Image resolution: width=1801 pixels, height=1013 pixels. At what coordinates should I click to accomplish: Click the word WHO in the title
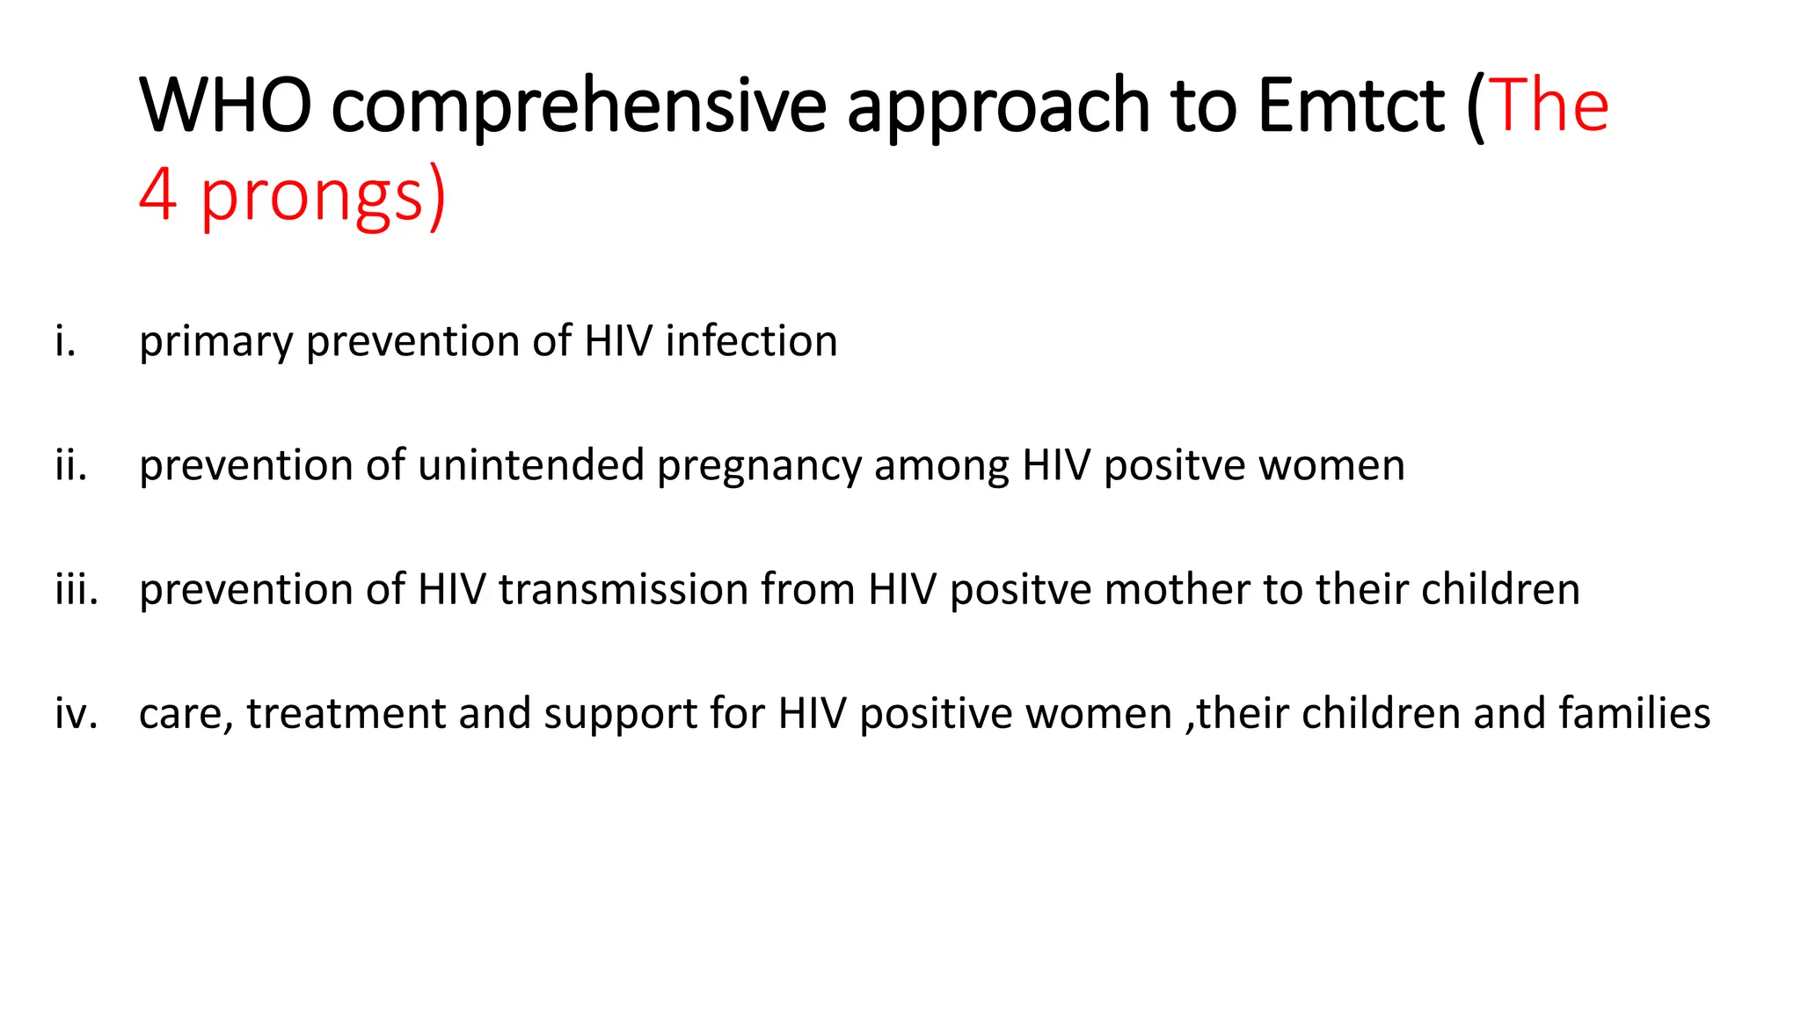pos(225,106)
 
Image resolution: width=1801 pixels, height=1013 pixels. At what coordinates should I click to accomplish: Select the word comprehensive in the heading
pos(579,107)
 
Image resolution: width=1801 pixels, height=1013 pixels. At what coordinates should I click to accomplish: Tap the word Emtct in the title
pos(1351,106)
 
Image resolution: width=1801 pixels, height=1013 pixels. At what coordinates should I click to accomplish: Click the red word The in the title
pos(1549,106)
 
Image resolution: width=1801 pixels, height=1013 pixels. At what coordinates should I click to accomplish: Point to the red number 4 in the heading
pos(158,194)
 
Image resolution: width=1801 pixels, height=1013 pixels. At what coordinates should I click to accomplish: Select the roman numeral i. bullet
pos(65,341)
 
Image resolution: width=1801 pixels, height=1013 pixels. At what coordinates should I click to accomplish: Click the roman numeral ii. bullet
pos(71,465)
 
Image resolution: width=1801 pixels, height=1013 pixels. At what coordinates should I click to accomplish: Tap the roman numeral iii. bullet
pos(77,589)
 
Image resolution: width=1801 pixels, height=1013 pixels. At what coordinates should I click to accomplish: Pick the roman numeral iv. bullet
pos(76,713)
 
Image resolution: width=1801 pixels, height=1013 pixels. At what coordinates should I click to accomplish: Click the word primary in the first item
pos(215,343)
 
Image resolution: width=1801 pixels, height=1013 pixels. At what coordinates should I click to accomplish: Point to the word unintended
pos(531,465)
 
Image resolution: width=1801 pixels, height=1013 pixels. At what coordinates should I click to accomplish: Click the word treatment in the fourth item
pos(346,713)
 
